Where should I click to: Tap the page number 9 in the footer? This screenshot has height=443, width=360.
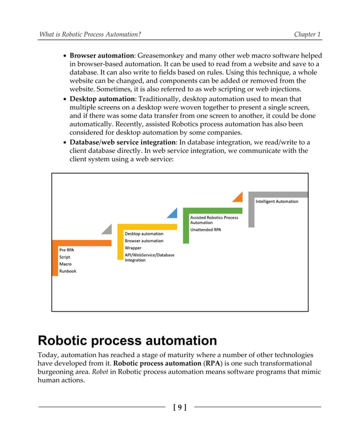tap(179, 407)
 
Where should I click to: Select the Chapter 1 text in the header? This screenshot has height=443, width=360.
tap(308, 34)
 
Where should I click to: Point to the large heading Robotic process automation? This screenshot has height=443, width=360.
tap(127, 340)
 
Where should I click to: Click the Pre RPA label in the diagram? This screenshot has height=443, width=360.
tap(67, 249)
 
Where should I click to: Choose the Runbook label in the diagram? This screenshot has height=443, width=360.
tap(68, 271)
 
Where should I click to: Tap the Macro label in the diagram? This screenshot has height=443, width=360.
tap(65, 264)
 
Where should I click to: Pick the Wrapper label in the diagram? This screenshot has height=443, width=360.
tap(133, 248)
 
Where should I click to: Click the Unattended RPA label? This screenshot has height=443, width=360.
tap(205, 230)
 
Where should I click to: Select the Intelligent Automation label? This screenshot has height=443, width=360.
tap(277, 201)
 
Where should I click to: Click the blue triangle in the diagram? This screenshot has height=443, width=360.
tap(173, 213)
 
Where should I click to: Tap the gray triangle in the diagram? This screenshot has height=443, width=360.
tap(107, 229)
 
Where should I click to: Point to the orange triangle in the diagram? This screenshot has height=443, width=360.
tap(238, 196)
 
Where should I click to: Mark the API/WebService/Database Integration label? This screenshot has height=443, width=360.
tap(149, 257)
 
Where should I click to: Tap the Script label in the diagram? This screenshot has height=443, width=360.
tap(65, 257)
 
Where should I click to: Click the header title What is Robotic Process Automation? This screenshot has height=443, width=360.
tap(90, 34)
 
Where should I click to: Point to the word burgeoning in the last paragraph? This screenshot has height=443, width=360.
tap(61, 371)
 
